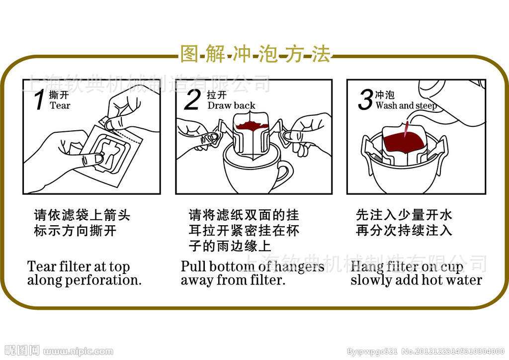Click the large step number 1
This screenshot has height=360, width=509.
tap(40, 99)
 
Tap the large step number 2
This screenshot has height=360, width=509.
tap(191, 99)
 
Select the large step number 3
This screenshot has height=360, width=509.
tap(365, 100)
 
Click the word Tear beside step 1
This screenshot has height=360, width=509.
tap(60, 105)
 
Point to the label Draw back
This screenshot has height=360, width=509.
tap(231, 105)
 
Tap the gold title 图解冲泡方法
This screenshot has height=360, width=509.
tap(254, 54)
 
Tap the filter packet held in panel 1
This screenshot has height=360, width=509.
tap(112, 152)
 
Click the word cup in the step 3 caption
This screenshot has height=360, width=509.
tap(451, 267)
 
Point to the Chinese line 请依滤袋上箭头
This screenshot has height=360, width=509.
tap(82, 215)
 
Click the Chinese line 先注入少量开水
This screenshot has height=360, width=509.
tap(404, 215)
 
